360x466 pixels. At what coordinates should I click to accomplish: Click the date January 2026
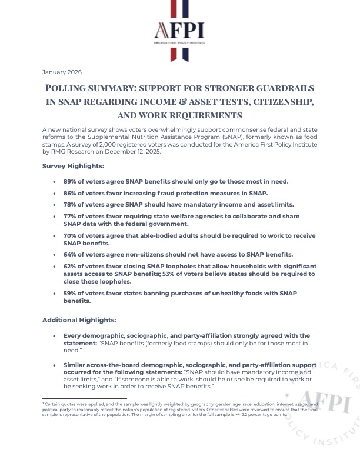(x=62, y=72)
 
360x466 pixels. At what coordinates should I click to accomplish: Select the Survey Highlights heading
(x=73, y=166)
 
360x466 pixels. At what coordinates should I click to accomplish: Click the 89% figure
(x=71, y=182)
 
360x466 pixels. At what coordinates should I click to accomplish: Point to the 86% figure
(x=71, y=193)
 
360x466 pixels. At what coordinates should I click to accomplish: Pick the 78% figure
(x=71, y=204)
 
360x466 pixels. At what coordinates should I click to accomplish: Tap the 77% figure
(x=71, y=216)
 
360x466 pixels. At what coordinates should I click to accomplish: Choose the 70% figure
(x=71, y=235)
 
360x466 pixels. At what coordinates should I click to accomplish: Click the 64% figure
(x=71, y=254)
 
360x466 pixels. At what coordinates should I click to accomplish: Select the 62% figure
(x=71, y=266)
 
